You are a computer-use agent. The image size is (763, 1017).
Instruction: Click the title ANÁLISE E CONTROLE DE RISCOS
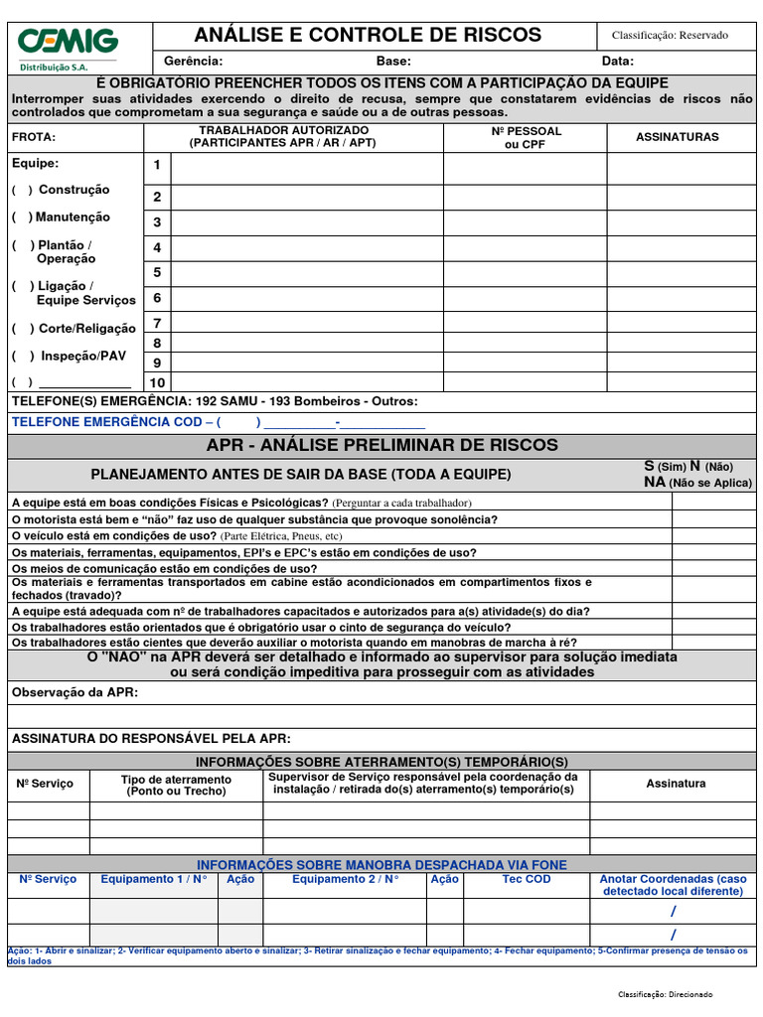pos(368,35)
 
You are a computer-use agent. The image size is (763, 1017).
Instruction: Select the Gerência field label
pos(193,62)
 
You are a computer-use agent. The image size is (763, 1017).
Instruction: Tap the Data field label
pos(618,62)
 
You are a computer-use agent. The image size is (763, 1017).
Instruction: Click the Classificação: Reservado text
pos(670,35)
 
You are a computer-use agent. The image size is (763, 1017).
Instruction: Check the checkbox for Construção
pos(22,190)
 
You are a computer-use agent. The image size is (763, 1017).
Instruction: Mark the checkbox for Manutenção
pos(22,218)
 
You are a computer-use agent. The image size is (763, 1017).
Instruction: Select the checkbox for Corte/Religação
pos(22,329)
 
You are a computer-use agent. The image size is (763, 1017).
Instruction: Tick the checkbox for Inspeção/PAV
pos(22,356)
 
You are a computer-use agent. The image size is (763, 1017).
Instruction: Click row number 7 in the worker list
pos(157,323)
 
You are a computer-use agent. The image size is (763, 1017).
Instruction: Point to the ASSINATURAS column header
pos(677,137)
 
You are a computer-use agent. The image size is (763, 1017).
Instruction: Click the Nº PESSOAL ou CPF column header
pos(526,137)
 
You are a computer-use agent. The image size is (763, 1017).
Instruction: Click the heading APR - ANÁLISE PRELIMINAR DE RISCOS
pos(381,445)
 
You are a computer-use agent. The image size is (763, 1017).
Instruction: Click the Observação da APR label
pos(75,691)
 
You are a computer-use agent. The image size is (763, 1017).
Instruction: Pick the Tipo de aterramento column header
pos(176,786)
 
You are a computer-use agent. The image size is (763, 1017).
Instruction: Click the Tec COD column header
pos(526,879)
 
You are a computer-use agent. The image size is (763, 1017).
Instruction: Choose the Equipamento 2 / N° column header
pos(345,879)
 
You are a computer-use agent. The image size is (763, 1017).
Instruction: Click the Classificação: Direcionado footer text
pos(665,994)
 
